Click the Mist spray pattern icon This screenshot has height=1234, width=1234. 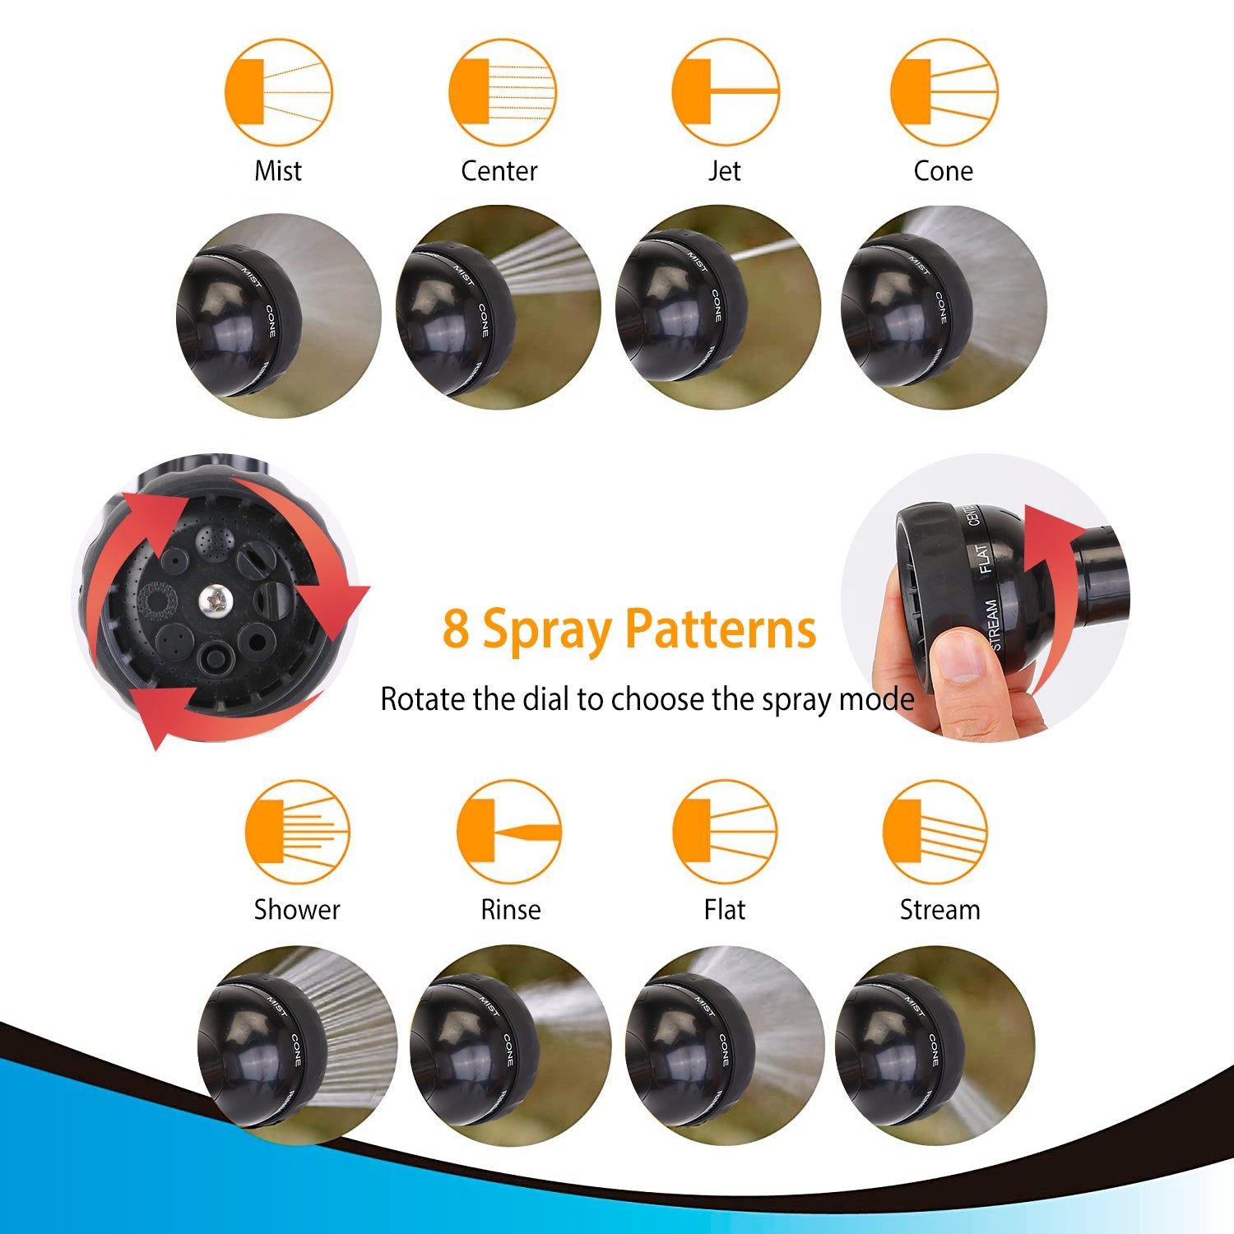278,92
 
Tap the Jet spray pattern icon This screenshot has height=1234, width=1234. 725,92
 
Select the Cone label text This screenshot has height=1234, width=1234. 943,171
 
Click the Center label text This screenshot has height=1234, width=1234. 499,171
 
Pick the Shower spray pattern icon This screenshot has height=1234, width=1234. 297,833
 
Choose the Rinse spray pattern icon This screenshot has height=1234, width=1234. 509,833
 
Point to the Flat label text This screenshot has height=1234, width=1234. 724,910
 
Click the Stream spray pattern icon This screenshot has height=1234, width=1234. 935,833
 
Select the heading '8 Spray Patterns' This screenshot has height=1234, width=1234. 629,629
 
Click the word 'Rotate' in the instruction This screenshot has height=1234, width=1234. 423,699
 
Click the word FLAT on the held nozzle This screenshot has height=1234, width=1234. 984,559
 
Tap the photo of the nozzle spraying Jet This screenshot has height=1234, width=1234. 717,307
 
